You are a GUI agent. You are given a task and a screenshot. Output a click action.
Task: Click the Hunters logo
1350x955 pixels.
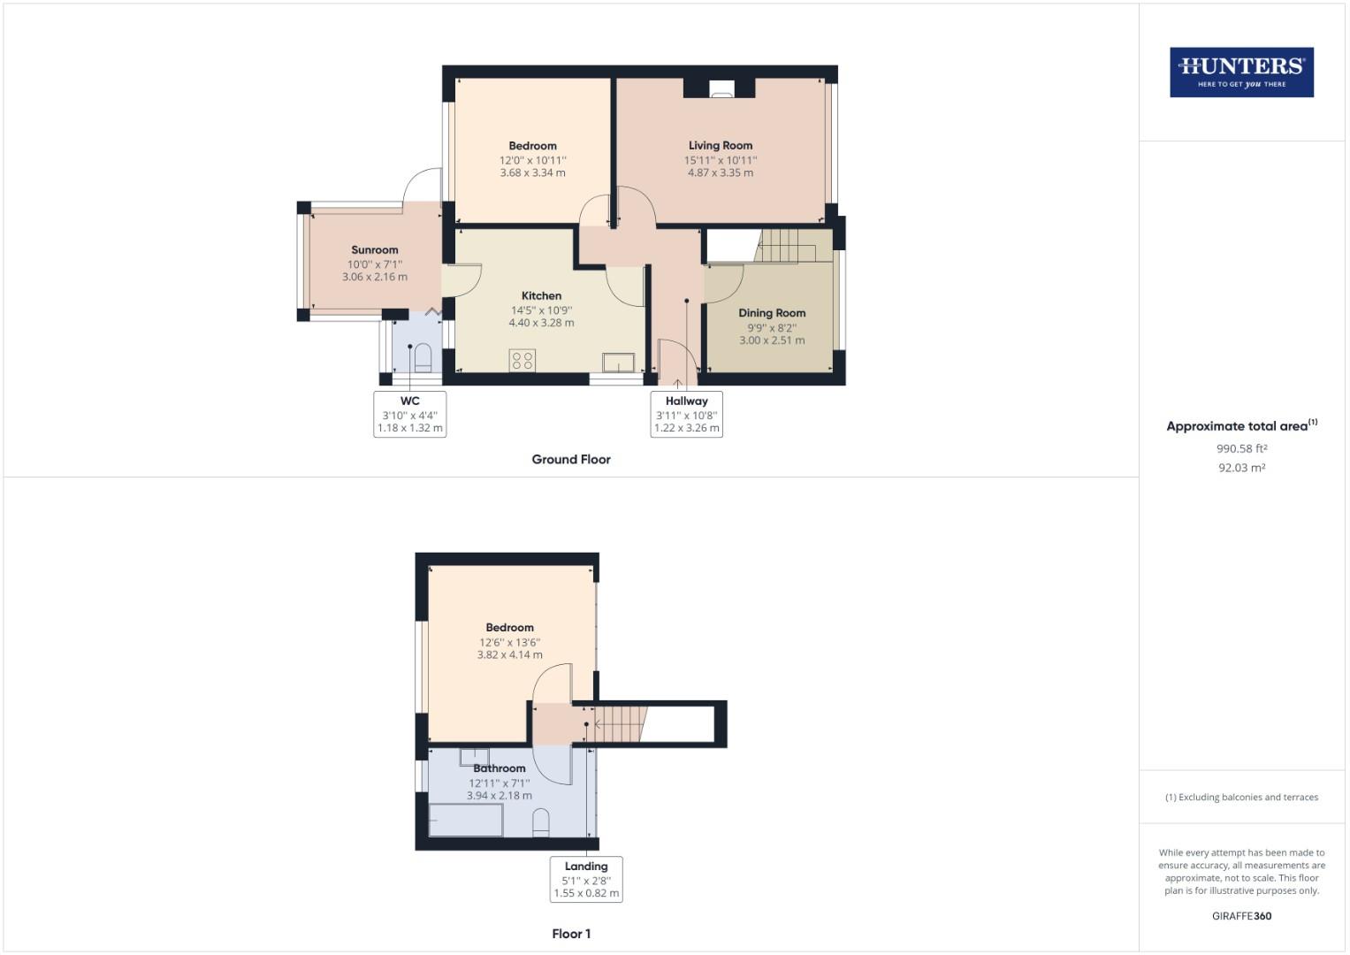[x=1241, y=72]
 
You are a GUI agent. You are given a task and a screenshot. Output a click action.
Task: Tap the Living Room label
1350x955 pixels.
[x=721, y=145]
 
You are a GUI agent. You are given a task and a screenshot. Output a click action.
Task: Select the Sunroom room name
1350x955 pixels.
[x=374, y=249]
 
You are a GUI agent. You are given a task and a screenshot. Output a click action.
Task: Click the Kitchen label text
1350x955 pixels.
[x=541, y=295]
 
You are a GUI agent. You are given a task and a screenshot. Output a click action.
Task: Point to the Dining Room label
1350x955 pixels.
[x=772, y=312]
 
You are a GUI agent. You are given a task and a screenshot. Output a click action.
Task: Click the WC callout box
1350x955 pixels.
[x=409, y=414]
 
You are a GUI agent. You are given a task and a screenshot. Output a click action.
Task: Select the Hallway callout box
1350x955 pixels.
[x=686, y=414]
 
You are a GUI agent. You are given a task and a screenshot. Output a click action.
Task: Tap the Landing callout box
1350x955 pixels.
[x=586, y=879]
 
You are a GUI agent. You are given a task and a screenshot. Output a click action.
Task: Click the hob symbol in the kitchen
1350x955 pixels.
[x=522, y=360]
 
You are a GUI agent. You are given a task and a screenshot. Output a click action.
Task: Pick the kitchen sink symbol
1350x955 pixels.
[x=619, y=363]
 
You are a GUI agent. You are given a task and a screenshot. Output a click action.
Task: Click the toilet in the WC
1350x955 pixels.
[x=423, y=357]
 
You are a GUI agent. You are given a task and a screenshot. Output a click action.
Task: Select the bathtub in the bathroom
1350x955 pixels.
[x=466, y=820]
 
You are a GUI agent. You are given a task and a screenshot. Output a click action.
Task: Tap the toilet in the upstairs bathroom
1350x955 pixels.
[x=541, y=822]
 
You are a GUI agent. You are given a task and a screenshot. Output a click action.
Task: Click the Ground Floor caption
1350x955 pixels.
[x=571, y=459]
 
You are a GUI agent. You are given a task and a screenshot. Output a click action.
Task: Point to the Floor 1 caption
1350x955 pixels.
[x=571, y=934]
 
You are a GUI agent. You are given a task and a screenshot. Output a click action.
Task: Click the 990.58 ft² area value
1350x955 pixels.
[x=1241, y=448]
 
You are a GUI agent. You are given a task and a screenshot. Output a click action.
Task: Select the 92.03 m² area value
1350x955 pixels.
[x=1241, y=468]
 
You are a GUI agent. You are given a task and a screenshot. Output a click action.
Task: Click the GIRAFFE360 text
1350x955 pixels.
[x=1241, y=916]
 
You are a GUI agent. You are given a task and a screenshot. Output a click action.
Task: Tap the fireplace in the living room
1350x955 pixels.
[x=721, y=88]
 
